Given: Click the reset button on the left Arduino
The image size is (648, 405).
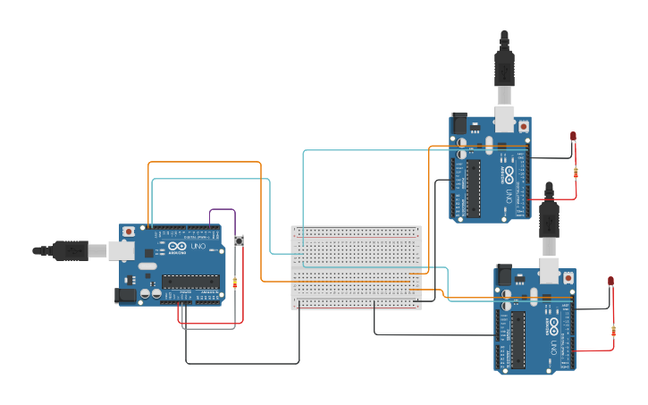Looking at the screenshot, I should pos(130,232).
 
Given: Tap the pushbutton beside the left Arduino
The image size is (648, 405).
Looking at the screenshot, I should pos(239,241).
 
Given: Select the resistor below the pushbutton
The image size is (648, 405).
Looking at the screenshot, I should pos(235,283).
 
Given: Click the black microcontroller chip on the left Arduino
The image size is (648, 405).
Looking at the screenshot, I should pos(190,282).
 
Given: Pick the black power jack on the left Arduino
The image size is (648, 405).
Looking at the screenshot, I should pos(126,294).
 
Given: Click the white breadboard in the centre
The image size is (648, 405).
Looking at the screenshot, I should pos(356,267).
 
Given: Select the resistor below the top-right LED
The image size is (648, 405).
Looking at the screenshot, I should pos(576,172).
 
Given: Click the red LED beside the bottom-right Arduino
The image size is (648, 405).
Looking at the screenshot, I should pos(610,282).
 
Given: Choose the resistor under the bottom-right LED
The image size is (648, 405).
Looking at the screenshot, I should pos(613,332).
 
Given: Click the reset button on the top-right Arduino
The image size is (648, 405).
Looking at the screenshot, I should pos(523,127).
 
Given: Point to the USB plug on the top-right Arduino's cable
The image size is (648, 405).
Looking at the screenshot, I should pos(504,72).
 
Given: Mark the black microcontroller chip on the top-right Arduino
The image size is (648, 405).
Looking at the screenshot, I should pos(473,189).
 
